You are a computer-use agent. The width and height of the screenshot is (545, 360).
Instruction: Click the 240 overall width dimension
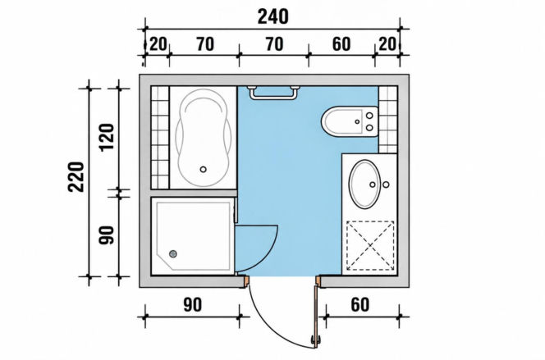point(272,16)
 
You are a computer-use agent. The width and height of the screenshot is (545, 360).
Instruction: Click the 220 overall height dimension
point(76,176)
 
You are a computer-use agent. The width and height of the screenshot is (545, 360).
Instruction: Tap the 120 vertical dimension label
point(107,136)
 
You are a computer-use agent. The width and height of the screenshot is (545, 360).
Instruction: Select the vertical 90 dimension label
point(107,235)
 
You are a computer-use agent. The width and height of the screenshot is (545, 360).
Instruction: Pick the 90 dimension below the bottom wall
point(192,305)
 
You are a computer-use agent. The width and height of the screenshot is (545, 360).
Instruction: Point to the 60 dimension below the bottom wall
point(360,305)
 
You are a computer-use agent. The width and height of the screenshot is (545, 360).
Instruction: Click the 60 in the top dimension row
point(341,44)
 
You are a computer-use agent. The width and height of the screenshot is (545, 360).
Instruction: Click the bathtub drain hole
point(204,170)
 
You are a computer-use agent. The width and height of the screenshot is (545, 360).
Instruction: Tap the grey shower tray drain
point(172,253)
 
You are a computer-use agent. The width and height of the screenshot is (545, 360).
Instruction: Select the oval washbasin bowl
point(364,184)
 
